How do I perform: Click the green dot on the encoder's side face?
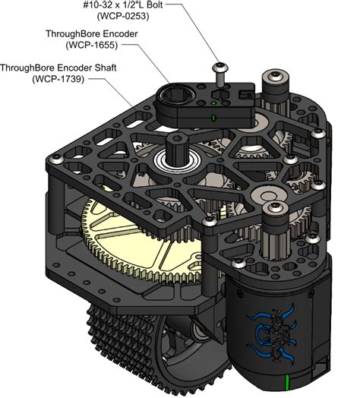pyautogui.click(x=213, y=117)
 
